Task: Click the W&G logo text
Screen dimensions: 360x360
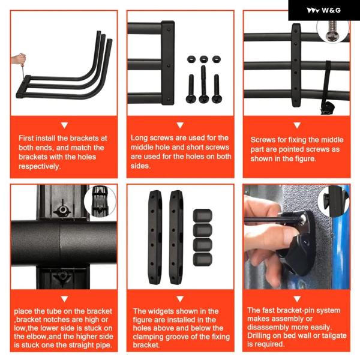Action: pyautogui.click(x=331, y=10)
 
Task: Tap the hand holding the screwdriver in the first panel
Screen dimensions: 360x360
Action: pyautogui.click(x=19, y=59)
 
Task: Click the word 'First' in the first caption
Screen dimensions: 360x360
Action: pyautogui.click(x=26, y=138)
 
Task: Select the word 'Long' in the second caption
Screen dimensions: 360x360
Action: pyautogui.click(x=139, y=138)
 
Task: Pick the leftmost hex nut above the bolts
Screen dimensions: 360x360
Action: pyautogui.click(x=191, y=59)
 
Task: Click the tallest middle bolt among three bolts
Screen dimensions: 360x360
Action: pyautogui.click(x=203, y=84)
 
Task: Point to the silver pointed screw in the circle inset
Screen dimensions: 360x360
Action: pyautogui.click(x=332, y=31)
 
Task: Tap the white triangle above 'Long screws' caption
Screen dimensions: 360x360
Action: pyautogui.click(x=180, y=125)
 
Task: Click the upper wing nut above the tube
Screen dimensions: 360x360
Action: pyautogui.click(x=62, y=209)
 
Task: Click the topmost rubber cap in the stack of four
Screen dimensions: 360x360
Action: pyautogui.click(x=203, y=216)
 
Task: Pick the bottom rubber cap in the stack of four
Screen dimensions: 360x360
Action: pyautogui.click(x=203, y=259)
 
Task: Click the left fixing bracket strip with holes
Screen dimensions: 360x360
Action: pyautogui.click(x=155, y=238)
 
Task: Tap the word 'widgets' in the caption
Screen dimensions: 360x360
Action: pyautogui.click(x=160, y=311)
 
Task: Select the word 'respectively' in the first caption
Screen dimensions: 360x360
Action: pyautogui.click(x=39, y=166)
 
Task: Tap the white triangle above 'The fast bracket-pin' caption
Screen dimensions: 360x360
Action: pyautogui.click(x=297, y=299)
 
